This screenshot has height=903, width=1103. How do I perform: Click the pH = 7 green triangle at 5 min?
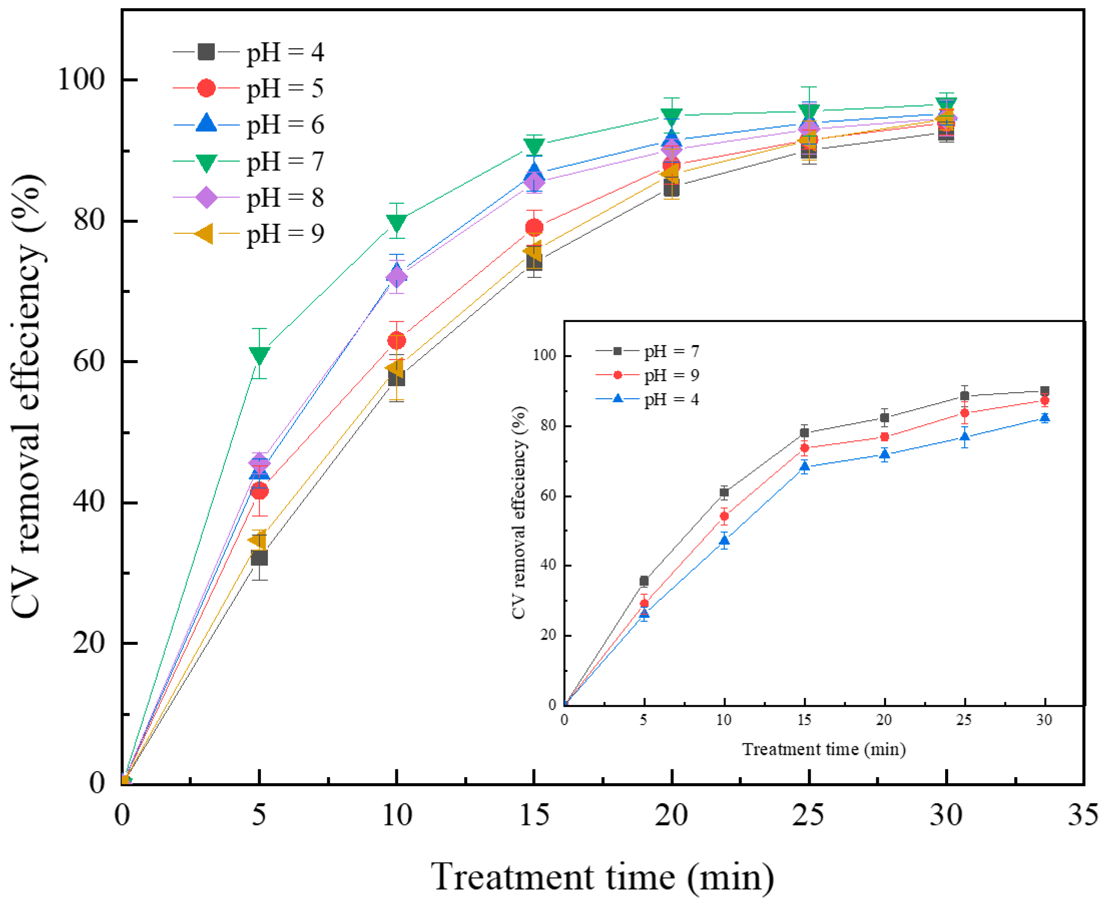pyautogui.click(x=259, y=355)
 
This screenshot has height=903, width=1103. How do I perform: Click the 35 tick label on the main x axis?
pyautogui.click(x=1083, y=816)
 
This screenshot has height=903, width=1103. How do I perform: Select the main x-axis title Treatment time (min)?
pyautogui.click(x=602, y=877)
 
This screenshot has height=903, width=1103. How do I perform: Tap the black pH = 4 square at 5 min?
pyautogui.click(x=259, y=558)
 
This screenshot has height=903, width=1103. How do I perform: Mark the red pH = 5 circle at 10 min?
pyautogui.click(x=397, y=341)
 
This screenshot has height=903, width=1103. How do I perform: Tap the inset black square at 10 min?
pyautogui.click(x=724, y=492)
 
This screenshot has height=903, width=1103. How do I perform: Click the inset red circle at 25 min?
pyautogui.click(x=964, y=413)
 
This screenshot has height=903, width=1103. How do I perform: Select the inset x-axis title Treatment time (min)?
pyautogui.click(x=824, y=749)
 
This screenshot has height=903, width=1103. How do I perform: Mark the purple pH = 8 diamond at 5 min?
pyautogui.click(x=259, y=462)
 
